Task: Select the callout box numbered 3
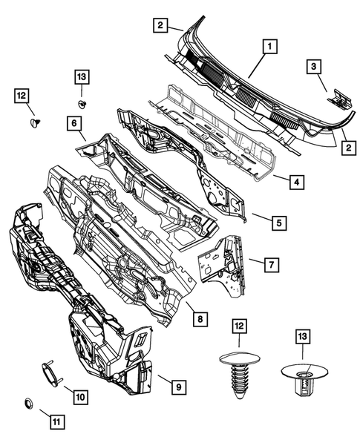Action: tap(315, 68)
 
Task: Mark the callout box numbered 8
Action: tap(199, 320)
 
